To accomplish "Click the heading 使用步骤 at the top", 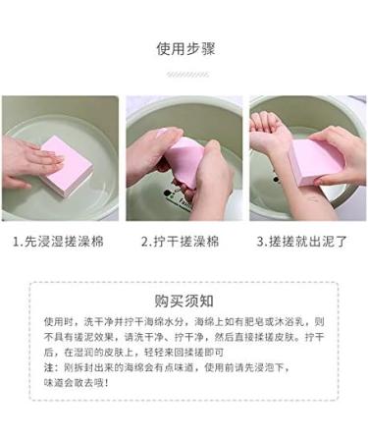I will click(x=184, y=49).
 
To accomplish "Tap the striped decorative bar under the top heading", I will click(x=184, y=73).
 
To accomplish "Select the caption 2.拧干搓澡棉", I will click(x=184, y=241).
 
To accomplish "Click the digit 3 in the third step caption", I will click(x=261, y=241).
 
